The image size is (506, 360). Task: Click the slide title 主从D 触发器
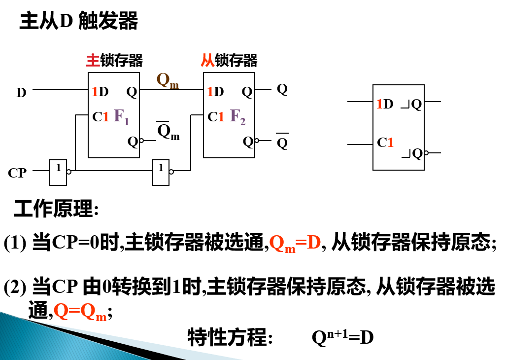[78, 22]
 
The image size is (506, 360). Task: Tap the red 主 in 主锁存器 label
[93, 60]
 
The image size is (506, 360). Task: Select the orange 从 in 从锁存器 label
[207, 60]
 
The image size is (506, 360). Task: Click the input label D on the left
[21, 92]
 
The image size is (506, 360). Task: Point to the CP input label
[17, 173]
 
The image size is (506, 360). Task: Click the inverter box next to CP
[58, 172]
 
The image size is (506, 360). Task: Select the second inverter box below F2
[161, 172]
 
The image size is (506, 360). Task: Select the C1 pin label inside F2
[216, 117]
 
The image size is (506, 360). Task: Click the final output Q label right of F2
[282, 89]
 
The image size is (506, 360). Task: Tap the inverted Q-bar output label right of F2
[282, 143]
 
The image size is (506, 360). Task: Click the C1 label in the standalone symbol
[385, 143]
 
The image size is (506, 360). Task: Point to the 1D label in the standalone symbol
[385, 104]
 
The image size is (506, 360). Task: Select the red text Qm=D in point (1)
[296, 243]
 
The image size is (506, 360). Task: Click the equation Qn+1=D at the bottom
[343, 338]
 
